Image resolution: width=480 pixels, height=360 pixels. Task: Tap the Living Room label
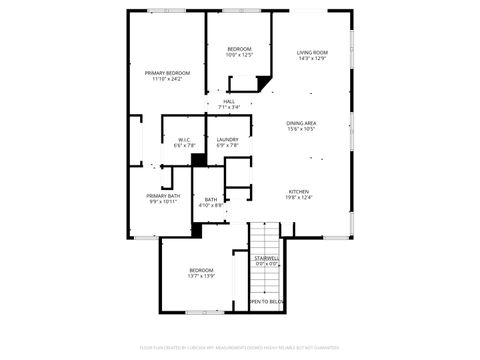point(312,52)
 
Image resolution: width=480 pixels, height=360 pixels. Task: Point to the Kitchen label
point(299,191)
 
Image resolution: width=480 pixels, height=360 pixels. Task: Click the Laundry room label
point(227,140)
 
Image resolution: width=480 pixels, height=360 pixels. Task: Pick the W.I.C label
point(184,140)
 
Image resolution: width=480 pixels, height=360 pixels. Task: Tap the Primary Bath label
point(163,195)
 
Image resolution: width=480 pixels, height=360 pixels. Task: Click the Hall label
point(229,101)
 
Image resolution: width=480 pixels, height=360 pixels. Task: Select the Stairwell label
point(266,258)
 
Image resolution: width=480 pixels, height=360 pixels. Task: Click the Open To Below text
point(266,301)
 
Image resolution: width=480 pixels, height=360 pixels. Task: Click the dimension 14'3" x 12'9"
point(312,59)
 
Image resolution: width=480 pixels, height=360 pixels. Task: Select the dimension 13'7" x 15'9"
point(203,277)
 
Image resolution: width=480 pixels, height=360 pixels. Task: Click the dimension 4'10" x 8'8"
point(211,206)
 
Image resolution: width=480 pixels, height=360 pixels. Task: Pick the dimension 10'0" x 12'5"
point(239,56)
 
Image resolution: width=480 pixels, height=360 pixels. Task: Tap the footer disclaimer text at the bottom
point(240,349)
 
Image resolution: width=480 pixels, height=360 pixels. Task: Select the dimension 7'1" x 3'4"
point(229,108)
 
